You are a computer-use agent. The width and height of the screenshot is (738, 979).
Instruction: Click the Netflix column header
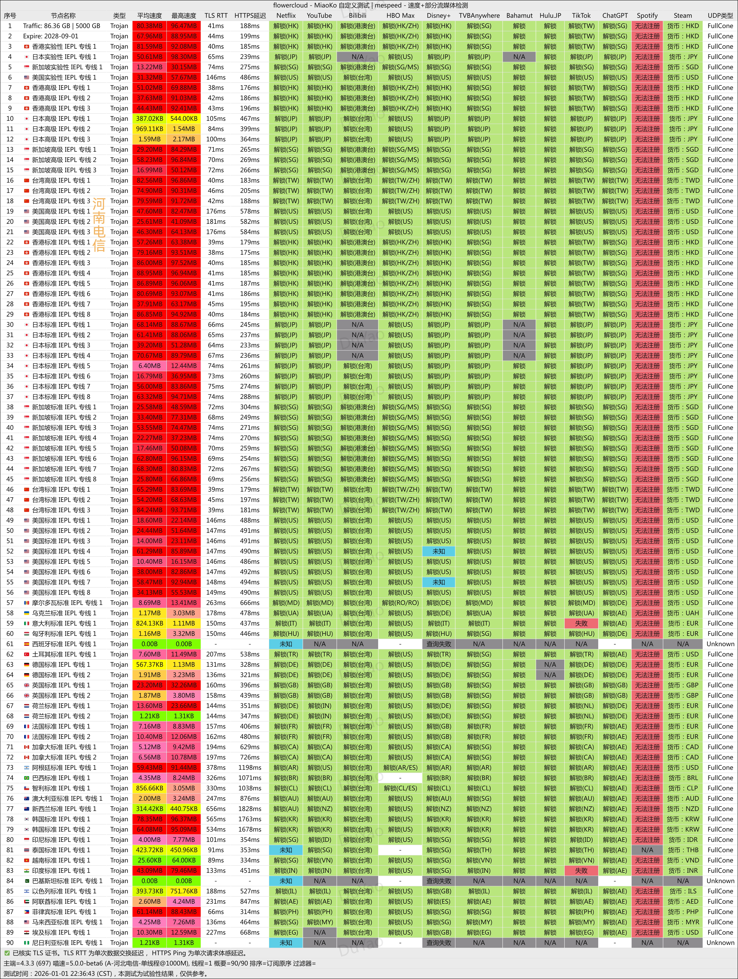(x=286, y=15)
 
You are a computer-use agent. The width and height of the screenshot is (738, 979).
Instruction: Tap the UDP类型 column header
(x=720, y=15)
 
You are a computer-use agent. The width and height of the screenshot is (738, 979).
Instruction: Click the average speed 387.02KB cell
(x=149, y=119)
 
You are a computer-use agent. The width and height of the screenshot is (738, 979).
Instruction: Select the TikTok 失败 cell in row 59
(x=581, y=623)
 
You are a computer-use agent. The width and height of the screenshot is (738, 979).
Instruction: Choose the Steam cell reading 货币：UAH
(x=683, y=613)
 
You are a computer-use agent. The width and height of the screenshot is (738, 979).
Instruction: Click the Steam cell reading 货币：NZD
(x=683, y=809)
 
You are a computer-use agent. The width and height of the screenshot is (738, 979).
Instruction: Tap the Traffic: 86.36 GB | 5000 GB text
(x=61, y=26)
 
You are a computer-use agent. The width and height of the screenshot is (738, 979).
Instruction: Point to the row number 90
(x=10, y=943)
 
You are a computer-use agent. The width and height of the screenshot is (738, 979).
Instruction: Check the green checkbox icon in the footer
(x=7, y=953)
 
